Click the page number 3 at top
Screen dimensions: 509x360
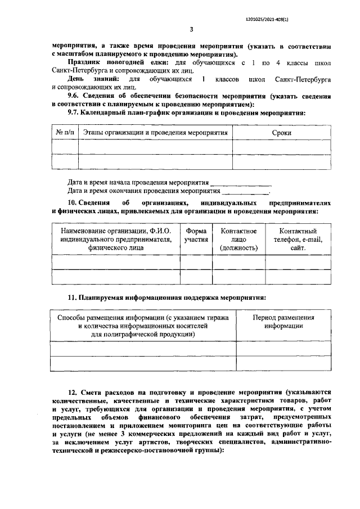tap(191, 29)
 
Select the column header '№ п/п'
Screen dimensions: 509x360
tap(65, 133)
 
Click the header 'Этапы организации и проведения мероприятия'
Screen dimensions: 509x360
tap(155, 133)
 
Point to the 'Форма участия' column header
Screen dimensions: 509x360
tap(196, 235)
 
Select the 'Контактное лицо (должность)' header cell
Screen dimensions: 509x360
tap(238, 239)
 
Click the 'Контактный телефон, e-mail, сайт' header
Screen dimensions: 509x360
tap(298, 239)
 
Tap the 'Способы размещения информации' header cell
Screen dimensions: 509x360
tap(143, 326)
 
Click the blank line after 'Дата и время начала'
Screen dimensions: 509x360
tap(240, 183)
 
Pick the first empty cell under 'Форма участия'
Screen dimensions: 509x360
tap(196, 262)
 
